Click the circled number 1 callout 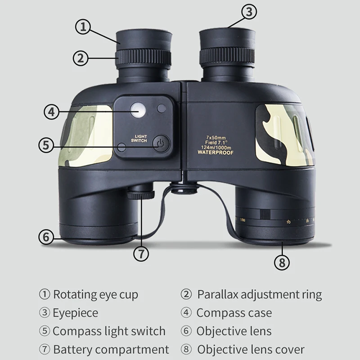click(x=83, y=27)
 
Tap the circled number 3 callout click(x=250, y=12)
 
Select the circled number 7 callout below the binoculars click(x=141, y=253)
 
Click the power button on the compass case click(x=160, y=144)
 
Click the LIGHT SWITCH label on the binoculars click(x=139, y=139)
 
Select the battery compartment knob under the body click(x=140, y=194)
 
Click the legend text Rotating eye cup click(x=95, y=295)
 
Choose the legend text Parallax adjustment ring click(x=259, y=295)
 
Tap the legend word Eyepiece click(x=75, y=312)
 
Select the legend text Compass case click(x=234, y=312)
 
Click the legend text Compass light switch click(x=109, y=331)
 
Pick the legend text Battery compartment click(x=111, y=349)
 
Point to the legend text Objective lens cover click(x=251, y=349)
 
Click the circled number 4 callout click(x=52, y=112)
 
